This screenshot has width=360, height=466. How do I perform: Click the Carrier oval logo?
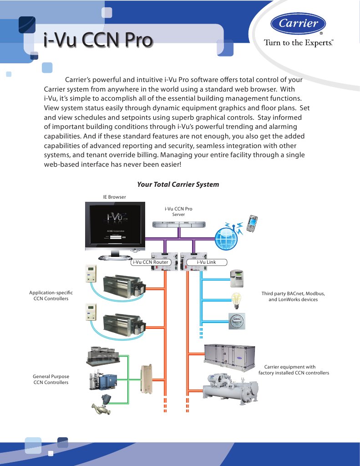coord(298,24)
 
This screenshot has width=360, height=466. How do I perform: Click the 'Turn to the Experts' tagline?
coord(299,43)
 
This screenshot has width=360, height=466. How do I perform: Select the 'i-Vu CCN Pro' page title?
coord(97,40)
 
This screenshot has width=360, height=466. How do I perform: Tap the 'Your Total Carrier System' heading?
coord(178,184)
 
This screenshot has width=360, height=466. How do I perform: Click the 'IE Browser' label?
coord(114,197)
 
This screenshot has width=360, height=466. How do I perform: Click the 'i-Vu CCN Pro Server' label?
coord(178,211)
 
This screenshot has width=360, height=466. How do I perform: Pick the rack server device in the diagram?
coord(178,225)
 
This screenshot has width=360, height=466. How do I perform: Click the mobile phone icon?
coord(251,223)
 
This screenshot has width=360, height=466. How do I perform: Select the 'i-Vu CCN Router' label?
coord(150,262)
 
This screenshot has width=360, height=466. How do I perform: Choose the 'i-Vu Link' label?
coord(206,262)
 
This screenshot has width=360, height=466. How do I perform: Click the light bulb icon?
coord(236,299)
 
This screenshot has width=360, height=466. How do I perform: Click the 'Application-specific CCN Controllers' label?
coord(51,295)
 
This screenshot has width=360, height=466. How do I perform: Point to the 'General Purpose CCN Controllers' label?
coord(51,379)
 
